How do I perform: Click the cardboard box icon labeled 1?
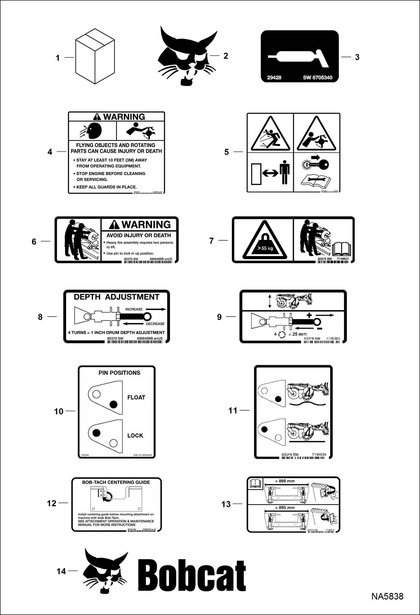95,56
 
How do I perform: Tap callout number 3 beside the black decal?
357,57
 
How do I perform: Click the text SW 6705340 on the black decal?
317,78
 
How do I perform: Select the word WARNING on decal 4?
124,117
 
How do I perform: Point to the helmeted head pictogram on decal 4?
94,131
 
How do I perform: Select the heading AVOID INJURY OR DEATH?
139,235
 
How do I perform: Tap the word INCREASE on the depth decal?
134,309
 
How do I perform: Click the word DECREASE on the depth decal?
155,324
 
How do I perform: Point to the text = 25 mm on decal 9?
297,334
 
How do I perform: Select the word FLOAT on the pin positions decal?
136,397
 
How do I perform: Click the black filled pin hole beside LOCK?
96,433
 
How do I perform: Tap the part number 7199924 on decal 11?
319,455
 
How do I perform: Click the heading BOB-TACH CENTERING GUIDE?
116,482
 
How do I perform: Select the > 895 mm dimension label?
285,481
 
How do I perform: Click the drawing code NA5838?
387,596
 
